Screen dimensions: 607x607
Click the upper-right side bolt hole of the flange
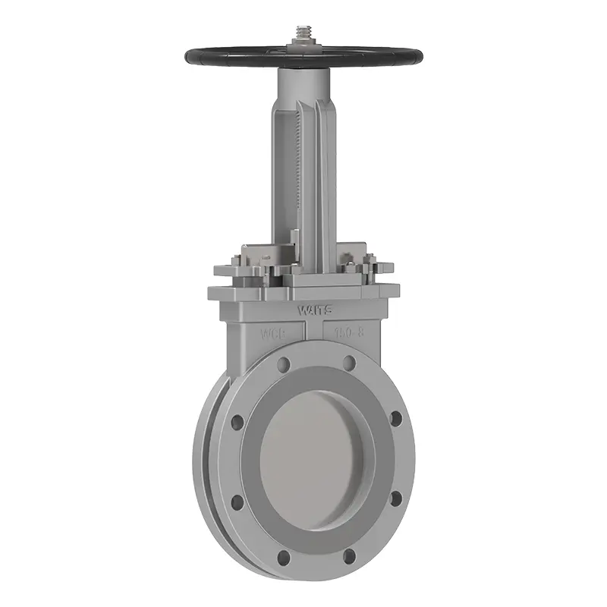tap(395, 418)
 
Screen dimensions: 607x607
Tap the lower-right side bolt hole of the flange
tap(395, 499)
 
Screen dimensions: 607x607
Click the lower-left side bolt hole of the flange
tap(237, 502)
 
